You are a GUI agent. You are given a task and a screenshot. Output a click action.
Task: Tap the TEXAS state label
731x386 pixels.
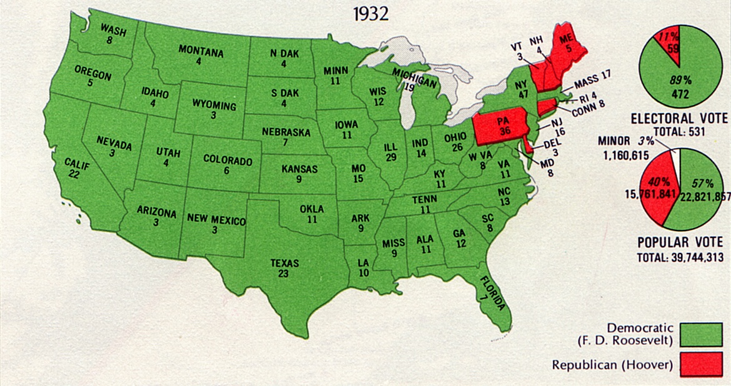pyautogui.click(x=286, y=263)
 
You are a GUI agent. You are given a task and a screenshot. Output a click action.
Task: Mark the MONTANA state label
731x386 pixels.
pyautogui.click(x=201, y=52)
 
